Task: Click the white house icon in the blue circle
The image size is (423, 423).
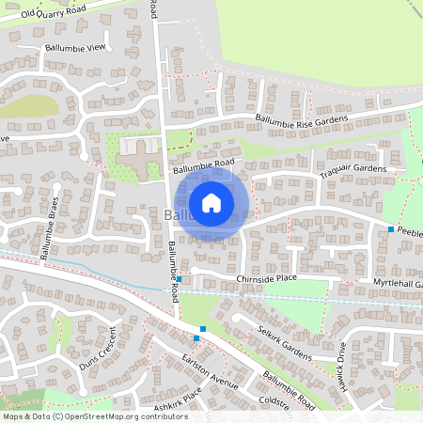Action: [211, 202]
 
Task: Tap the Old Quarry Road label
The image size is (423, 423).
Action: [54, 13]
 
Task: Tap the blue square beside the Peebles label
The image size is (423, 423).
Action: [391, 228]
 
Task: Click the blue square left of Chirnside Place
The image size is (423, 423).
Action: [179, 279]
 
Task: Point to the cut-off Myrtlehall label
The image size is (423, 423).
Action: [399, 283]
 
